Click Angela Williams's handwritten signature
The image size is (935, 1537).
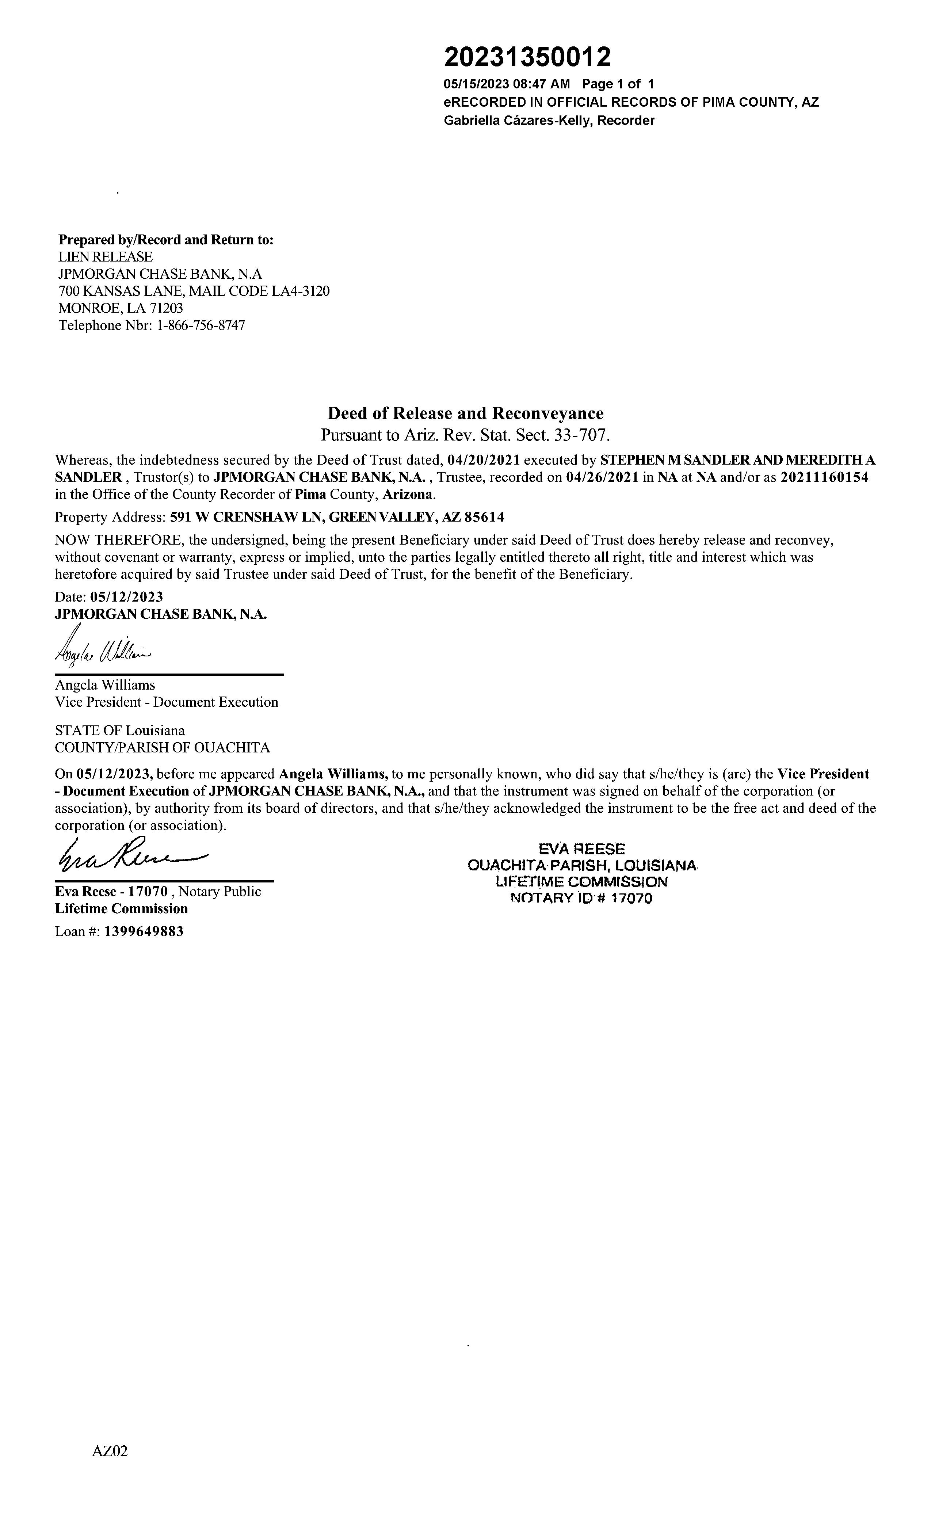[103, 650]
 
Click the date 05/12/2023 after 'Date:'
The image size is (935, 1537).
[127, 597]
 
